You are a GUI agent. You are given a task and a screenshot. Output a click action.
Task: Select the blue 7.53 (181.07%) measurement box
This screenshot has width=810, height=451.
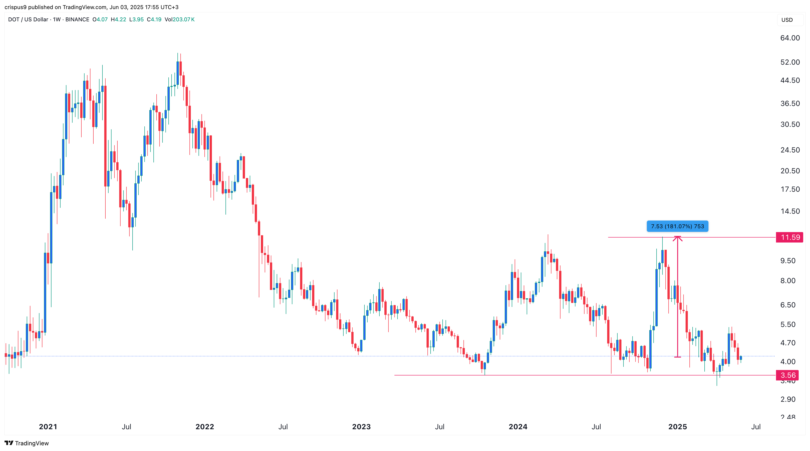pos(677,226)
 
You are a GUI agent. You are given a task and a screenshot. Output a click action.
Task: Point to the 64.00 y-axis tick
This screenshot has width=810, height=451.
pos(790,38)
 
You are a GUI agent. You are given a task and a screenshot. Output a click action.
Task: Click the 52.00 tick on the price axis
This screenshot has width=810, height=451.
pos(790,62)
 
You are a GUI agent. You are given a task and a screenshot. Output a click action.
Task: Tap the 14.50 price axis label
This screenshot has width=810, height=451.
pos(790,211)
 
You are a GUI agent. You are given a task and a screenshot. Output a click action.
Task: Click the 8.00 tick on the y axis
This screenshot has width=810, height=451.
pos(788,281)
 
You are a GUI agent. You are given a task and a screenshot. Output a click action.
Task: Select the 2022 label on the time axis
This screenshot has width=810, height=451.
pos(205,427)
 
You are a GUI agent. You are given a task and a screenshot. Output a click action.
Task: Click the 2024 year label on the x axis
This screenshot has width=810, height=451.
pos(518,427)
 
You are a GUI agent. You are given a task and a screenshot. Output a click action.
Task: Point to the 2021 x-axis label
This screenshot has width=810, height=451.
pos(48,427)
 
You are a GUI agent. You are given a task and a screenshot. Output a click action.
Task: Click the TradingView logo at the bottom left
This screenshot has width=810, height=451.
pos(27,443)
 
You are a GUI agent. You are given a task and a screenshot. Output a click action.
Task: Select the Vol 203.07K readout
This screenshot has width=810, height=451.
pos(179,20)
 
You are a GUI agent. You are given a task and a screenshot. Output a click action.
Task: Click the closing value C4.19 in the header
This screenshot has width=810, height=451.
pos(154,20)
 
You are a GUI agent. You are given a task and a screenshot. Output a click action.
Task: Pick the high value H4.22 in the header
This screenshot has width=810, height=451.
pos(119,20)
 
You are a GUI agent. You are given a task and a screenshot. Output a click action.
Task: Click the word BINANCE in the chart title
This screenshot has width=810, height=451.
pos(77,20)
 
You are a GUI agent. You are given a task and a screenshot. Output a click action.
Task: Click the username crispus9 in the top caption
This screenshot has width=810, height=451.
pos(15,7)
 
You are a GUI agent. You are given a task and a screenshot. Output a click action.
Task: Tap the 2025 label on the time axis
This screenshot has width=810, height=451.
pos(677,427)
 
